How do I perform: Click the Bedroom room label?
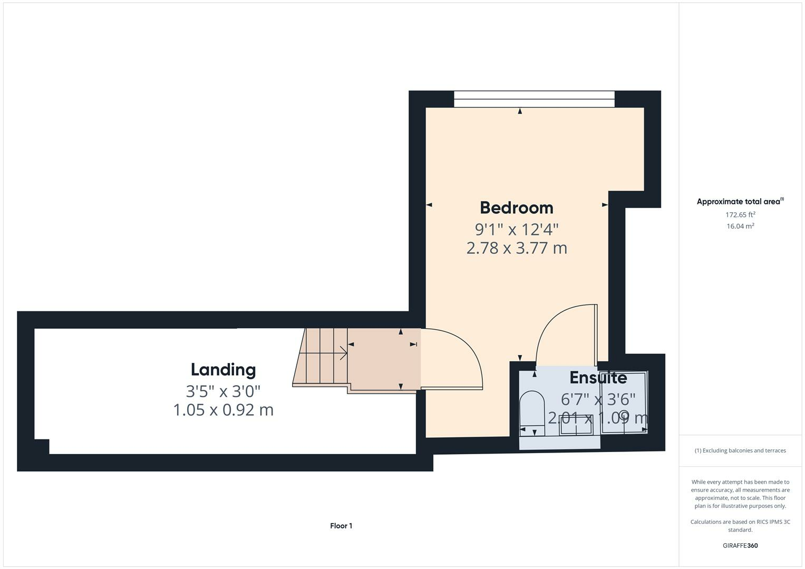point(516,208)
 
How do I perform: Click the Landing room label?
point(223,369)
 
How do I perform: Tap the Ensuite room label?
point(598,378)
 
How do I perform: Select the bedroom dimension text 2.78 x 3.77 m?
point(516,248)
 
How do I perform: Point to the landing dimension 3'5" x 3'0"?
point(223,391)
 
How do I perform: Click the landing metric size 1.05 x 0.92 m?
point(223,409)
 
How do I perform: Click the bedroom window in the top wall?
point(534,99)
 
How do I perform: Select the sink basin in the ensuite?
point(576,425)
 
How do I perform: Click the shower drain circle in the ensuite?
point(624,414)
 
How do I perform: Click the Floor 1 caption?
point(341,526)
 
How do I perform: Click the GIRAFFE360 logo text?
point(740,545)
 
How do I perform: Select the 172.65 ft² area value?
point(740,214)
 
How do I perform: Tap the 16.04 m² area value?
point(740,226)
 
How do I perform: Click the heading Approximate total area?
point(739,202)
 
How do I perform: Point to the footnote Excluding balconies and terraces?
point(740,450)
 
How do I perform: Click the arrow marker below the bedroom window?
point(520,111)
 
